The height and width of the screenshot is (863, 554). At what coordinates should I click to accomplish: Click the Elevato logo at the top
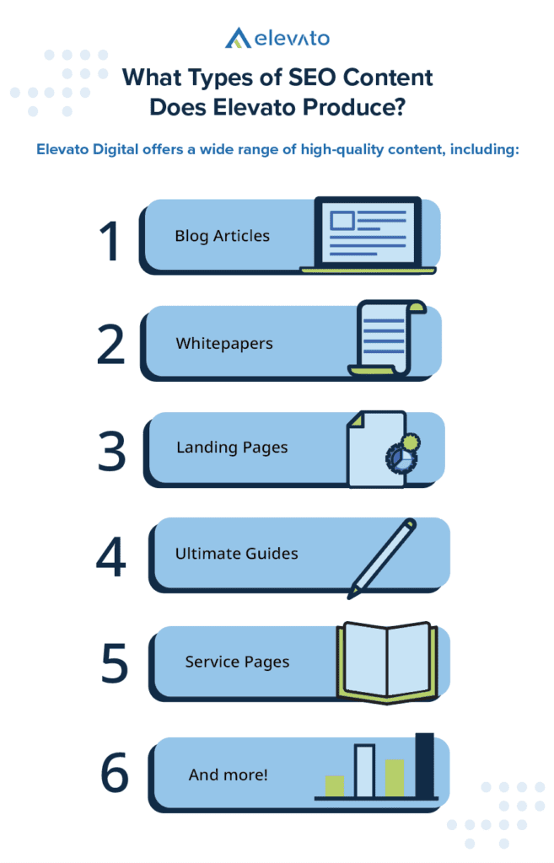click(277, 38)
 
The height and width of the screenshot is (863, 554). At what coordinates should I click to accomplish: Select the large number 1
click(110, 240)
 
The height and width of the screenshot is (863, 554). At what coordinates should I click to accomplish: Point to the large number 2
click(110, 345)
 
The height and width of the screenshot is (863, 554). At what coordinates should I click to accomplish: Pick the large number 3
click(112, 451)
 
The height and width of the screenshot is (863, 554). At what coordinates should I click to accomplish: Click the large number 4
click(110, 557)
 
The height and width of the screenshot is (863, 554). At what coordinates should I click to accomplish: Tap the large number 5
click(115, 662)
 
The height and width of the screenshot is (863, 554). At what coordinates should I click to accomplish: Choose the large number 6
click(115, 772)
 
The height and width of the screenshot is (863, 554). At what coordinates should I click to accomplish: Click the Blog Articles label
click(223, 236)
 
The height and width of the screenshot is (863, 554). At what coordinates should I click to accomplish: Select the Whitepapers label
click(224, 344)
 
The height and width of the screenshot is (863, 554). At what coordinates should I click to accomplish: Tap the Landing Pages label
click(232, 448)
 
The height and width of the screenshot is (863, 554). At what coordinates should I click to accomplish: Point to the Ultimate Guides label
click(237, 553)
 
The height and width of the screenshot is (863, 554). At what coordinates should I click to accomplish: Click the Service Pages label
click(237, 662)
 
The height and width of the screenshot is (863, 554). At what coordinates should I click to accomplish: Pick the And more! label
click(228, 775)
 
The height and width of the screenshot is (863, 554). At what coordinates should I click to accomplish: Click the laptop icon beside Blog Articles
click(368, 235)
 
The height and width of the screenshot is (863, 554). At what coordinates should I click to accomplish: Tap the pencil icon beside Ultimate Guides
click(382, 558)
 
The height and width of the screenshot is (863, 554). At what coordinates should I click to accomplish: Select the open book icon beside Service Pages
click(387, 663)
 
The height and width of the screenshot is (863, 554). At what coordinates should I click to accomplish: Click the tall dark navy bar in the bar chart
click(425, 765)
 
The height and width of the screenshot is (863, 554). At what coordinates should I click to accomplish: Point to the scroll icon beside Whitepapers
click(387, 339)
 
